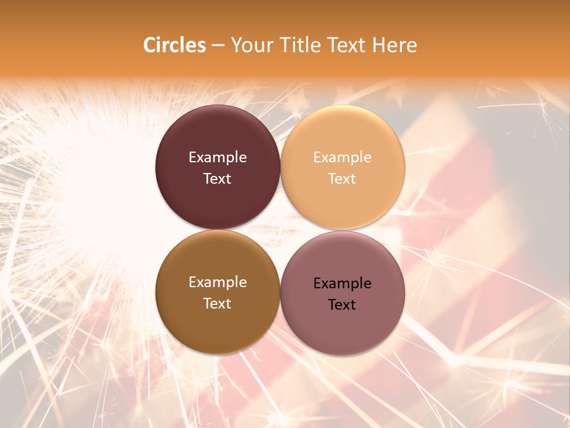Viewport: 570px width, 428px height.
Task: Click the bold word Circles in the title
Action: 175,45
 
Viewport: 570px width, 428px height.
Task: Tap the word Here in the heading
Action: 395,45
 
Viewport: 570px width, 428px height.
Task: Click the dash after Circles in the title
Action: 218,46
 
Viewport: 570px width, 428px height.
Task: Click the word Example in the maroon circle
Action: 217,158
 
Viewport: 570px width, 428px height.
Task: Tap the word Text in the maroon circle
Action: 217,178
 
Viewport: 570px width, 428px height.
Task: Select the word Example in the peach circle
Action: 343,158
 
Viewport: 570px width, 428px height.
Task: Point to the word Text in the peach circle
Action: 342,178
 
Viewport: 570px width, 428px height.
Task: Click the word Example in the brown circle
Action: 217,282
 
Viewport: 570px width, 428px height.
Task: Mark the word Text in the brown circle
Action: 217,303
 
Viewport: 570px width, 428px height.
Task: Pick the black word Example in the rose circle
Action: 343,284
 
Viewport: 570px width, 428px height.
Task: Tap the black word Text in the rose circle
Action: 342,304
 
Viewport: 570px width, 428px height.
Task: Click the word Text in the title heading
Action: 346,45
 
